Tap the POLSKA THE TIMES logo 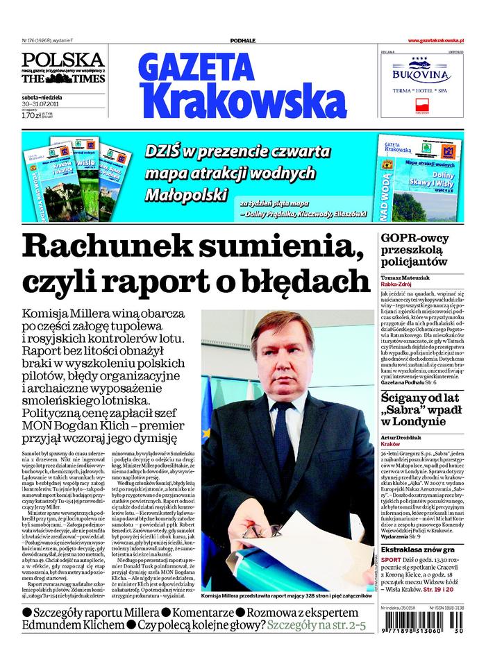(x=62, y=68)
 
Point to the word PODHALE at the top (x=243, y=42)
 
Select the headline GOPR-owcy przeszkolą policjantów (x=424, y=250)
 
